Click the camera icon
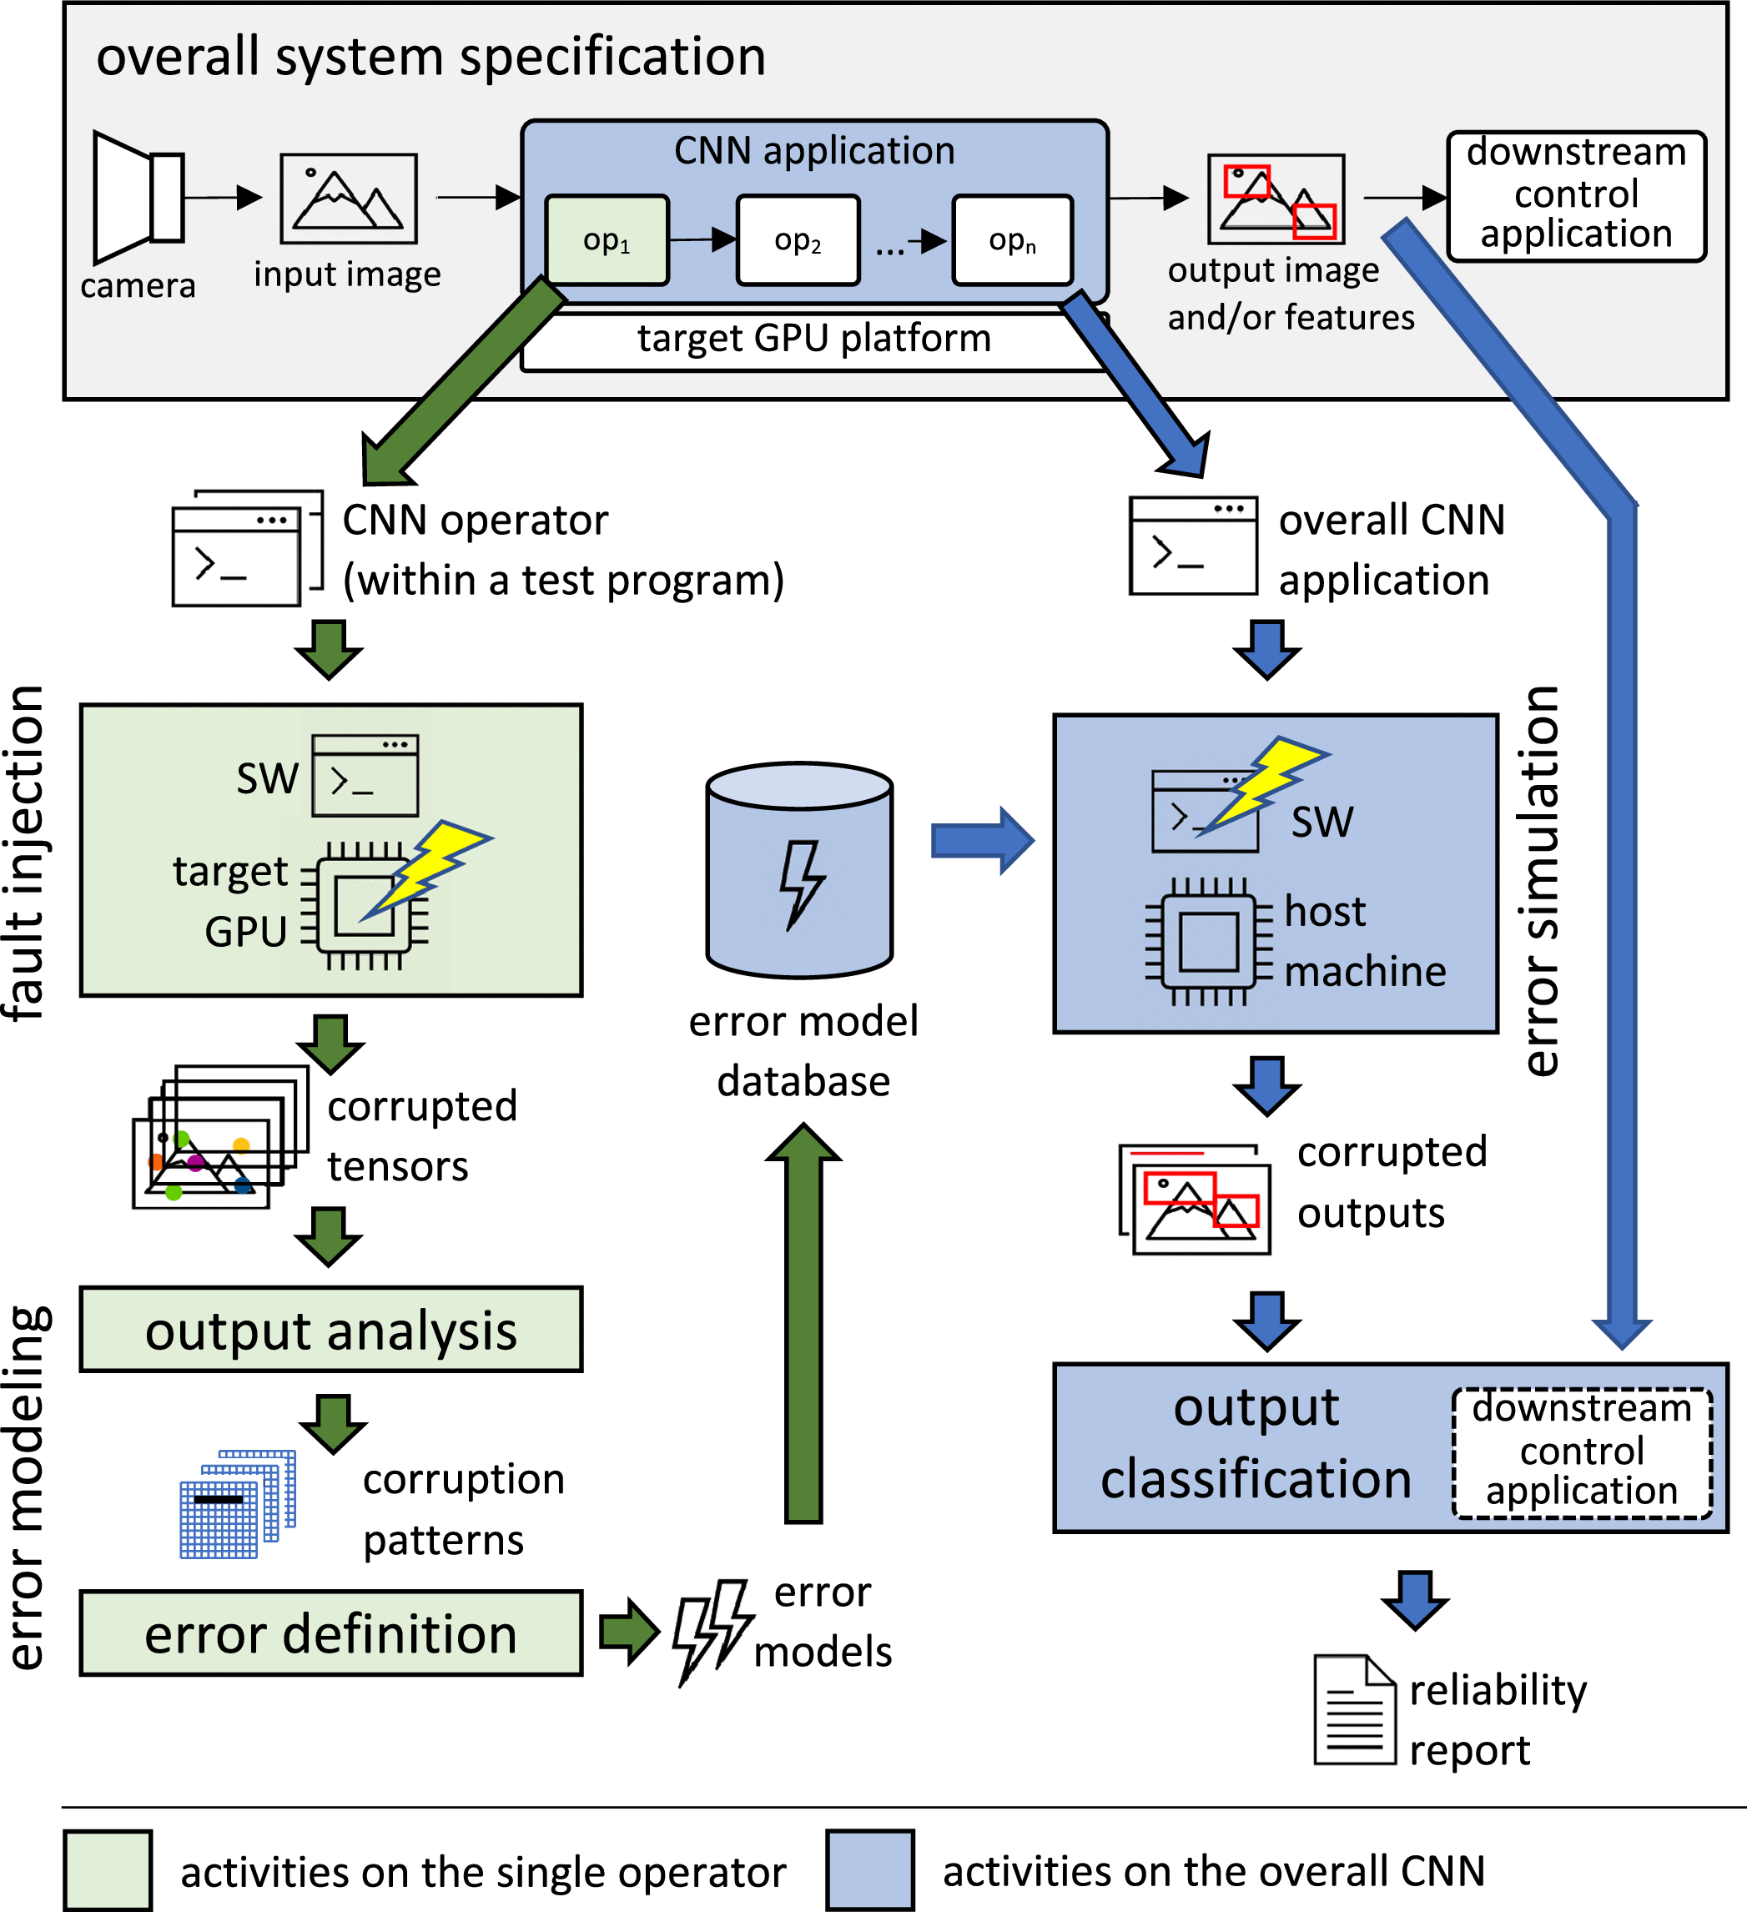coord(138,197)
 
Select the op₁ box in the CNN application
coord(607,240)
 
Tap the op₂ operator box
coord(798,240)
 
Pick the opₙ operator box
coord(1013,240)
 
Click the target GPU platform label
coord(814,339)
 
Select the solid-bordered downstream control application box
coord(1577,196)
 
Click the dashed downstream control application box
coord(1582,1453)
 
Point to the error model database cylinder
coord(799,870)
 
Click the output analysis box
coord(331,1330)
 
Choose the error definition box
coord(331,1633)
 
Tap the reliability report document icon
coord(1355,1709)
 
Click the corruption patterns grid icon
coord(238,1503)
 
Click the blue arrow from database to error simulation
coord(983,840)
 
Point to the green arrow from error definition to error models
coord(630,1631)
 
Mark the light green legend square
coord(108,1870)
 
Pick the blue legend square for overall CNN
coord(870,1870)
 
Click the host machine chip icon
coord(1209,942)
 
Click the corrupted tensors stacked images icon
coord(220,1136)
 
